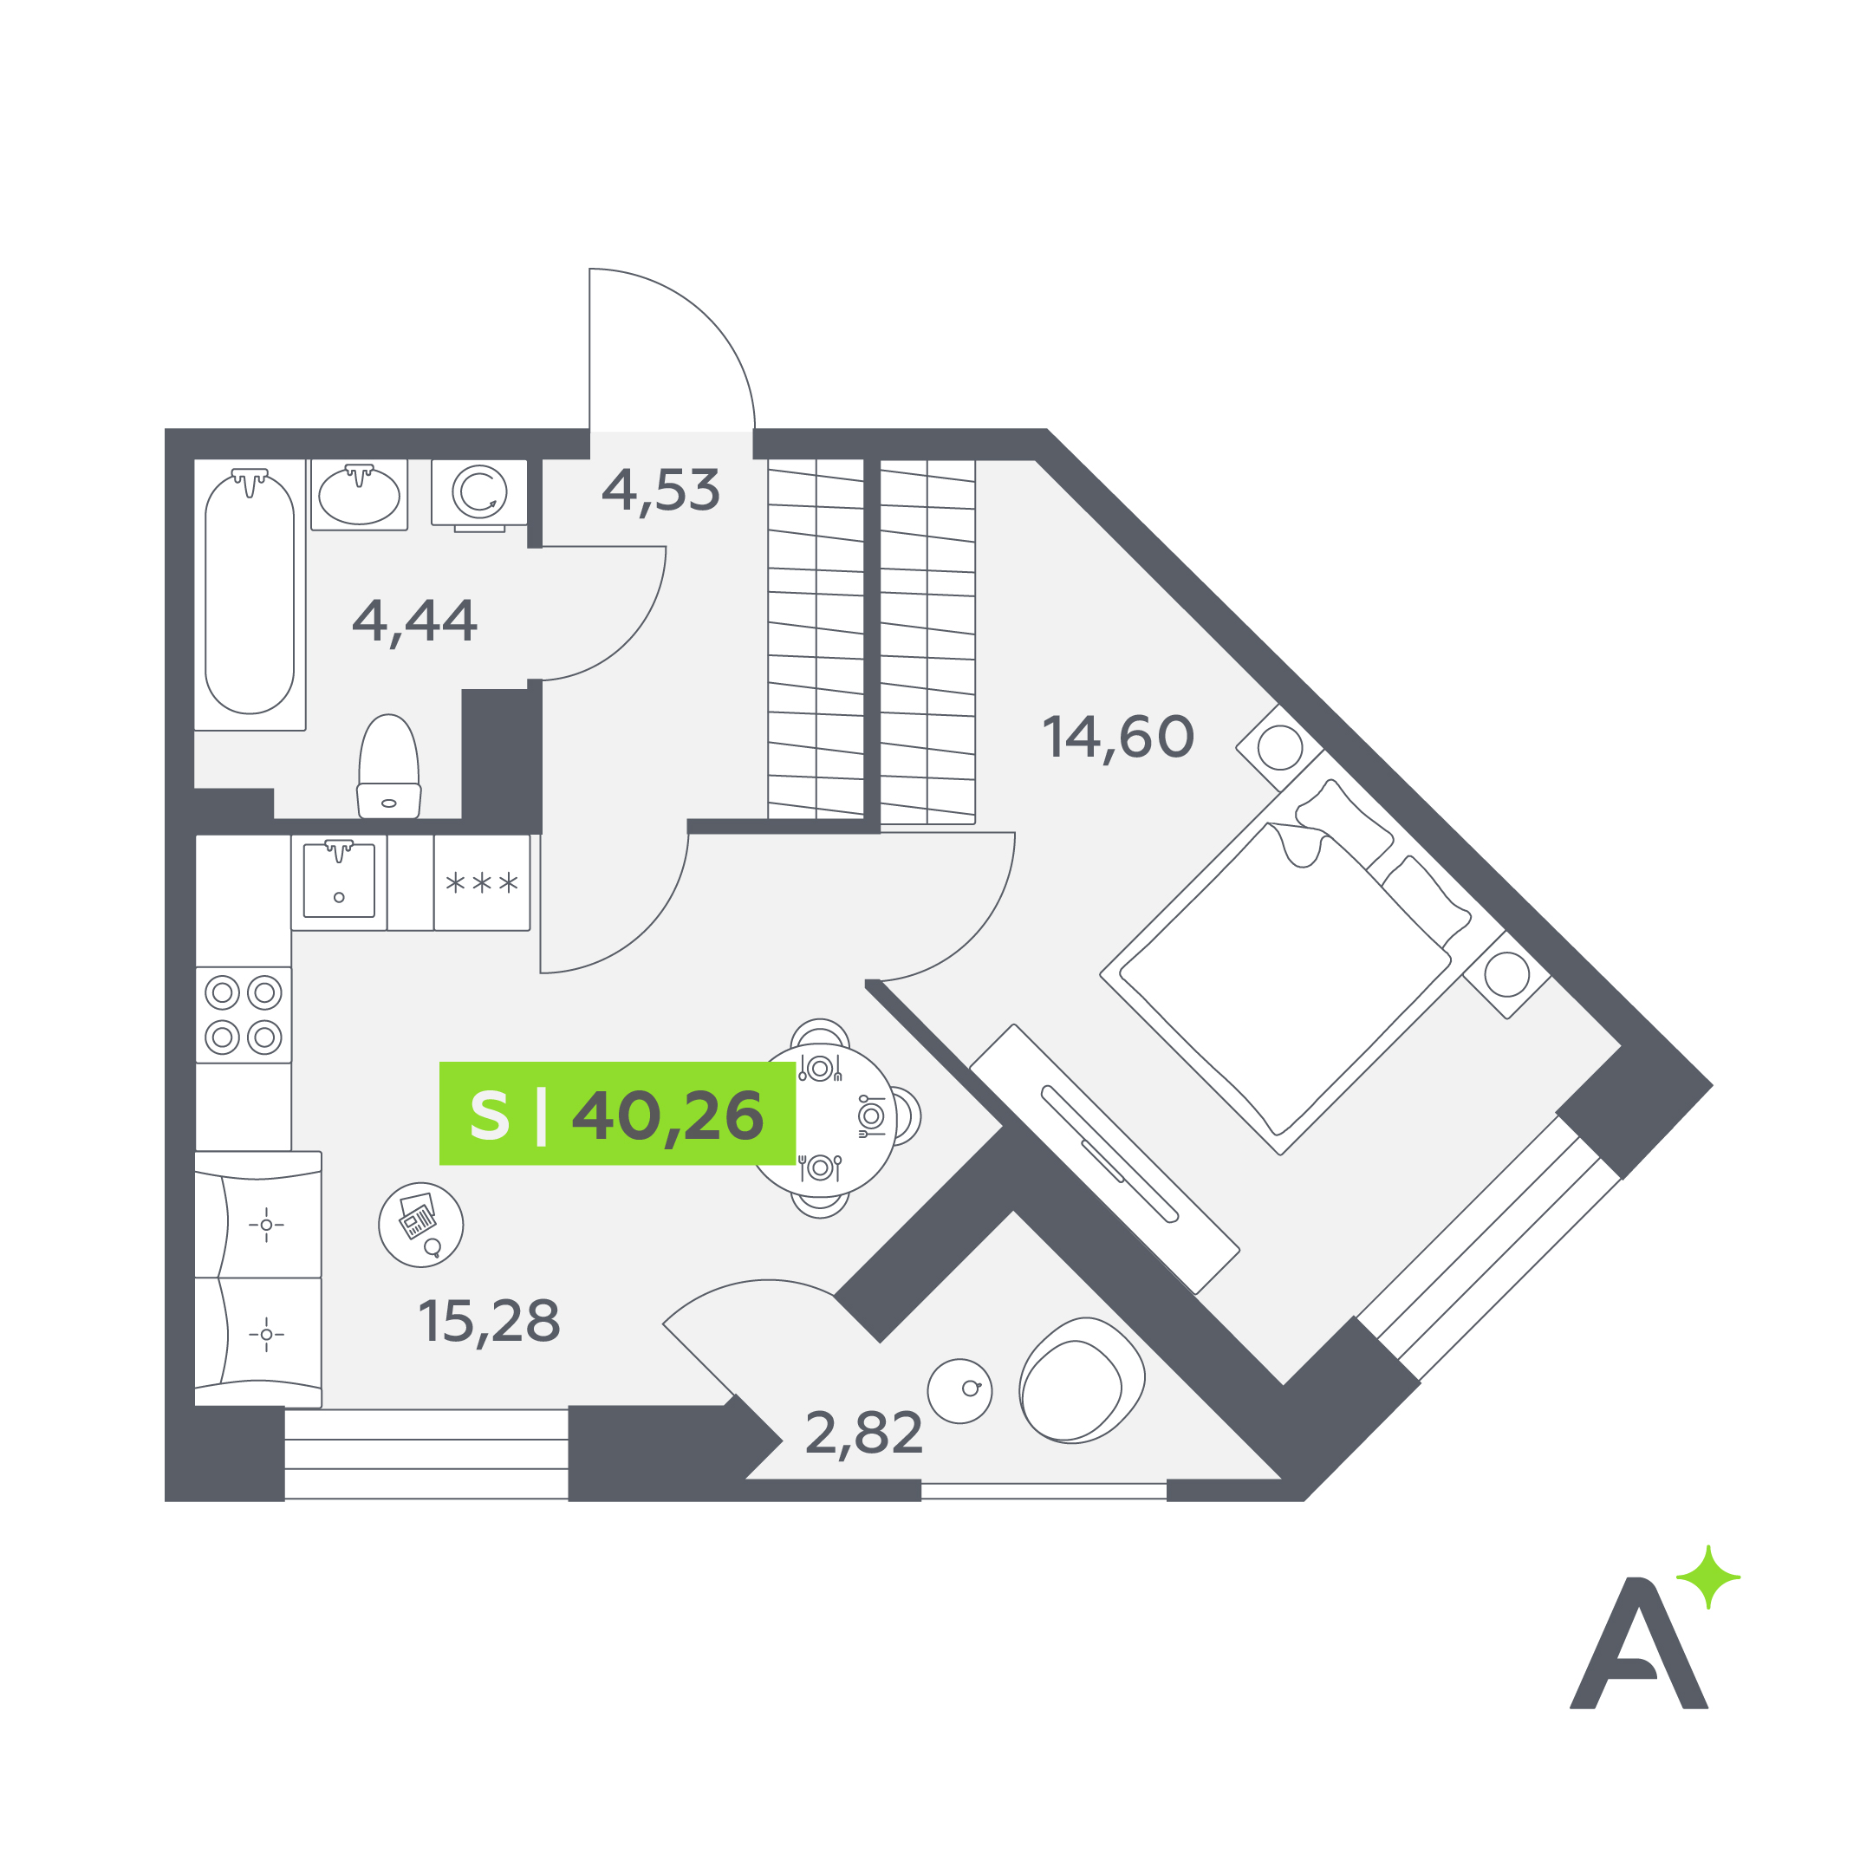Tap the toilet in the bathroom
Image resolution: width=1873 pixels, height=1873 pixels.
click(x=389, y=767)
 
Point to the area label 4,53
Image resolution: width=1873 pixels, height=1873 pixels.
click(x=661, y=491)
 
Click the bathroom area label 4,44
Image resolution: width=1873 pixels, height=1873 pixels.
click(x=415, y=621)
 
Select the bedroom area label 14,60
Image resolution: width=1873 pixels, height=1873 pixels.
click(x=1118, y=738)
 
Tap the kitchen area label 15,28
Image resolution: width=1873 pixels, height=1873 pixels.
click(x=489, y=1322)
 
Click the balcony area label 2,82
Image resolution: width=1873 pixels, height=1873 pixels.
click(x=864, y=1434)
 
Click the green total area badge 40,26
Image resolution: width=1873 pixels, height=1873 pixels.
click(x=618, y=1114)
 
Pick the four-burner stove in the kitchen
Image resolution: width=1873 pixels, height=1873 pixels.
click(x=244, y=1015)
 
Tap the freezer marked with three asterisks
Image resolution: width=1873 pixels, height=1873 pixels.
click(x=482, y=883)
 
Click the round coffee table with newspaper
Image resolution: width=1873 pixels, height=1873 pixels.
click(x=420, y=1225)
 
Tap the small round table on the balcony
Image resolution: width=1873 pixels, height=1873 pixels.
click(x=959, y=1390)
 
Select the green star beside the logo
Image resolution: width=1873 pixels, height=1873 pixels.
click(x=1708, y=1577)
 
